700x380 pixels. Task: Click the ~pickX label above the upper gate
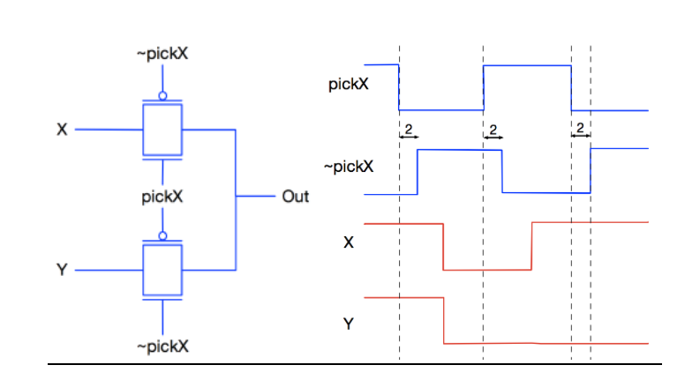point(162,55)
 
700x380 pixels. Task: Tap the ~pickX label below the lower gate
point(162,346)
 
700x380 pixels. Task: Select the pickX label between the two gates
point(162,197)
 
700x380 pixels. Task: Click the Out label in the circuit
point(295,197)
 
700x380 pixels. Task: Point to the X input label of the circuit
point(62,130)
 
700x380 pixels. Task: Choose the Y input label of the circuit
point(62,271)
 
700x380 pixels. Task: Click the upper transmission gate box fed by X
point(162,130)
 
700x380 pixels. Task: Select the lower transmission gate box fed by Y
point(162,270)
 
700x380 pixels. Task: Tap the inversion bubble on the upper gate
point(162,96)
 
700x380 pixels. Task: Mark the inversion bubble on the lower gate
point(162,236)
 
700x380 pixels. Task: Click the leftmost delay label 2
point(408,130)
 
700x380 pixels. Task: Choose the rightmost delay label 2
point(580,130)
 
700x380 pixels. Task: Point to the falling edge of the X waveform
point(443,247)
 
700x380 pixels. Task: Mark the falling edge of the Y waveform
point(443,319)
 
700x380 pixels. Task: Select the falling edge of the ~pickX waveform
point(502,171)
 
